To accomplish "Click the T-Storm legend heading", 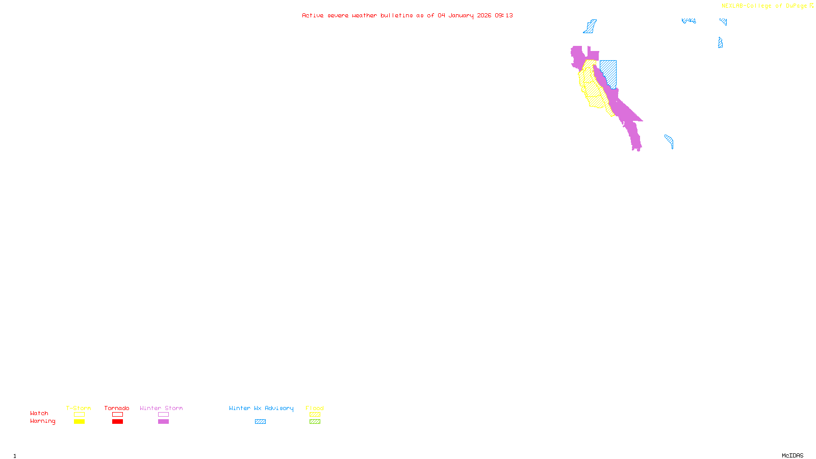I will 79,408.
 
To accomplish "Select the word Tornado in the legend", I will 117,408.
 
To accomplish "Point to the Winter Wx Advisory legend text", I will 261,408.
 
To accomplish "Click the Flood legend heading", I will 315,408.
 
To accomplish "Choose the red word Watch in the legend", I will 39,413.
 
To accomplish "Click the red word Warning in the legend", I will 42,421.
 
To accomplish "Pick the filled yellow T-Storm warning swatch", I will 79,422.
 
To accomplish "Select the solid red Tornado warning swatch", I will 117,422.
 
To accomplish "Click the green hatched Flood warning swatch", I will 315,422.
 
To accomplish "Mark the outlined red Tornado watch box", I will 117,415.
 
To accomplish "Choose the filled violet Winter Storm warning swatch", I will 163,422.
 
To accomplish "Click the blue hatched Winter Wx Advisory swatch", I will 260,422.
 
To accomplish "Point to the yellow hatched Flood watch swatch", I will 315,415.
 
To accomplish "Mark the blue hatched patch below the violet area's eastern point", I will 670,141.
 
